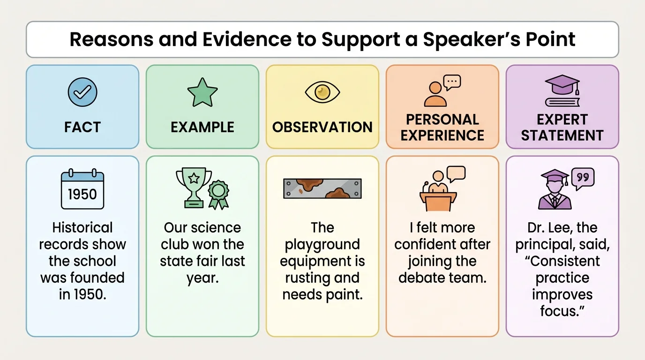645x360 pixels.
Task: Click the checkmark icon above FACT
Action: point(82,92)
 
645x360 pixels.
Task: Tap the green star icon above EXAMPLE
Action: point(202,92)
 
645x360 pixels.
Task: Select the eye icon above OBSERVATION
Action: point(322,92)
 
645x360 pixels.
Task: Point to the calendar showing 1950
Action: point(82,190)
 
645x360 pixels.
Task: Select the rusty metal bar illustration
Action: point(322,188)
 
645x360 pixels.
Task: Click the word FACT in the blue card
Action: point(82,127)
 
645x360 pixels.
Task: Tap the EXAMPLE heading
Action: point(202,127)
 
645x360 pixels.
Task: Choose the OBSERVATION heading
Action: point(322,127)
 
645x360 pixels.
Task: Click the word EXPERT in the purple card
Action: point(562,119)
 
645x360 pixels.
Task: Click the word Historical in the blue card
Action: point(82,228)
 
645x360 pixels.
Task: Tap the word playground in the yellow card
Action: point(322,245)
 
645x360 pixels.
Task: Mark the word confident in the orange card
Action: point(442,245)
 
